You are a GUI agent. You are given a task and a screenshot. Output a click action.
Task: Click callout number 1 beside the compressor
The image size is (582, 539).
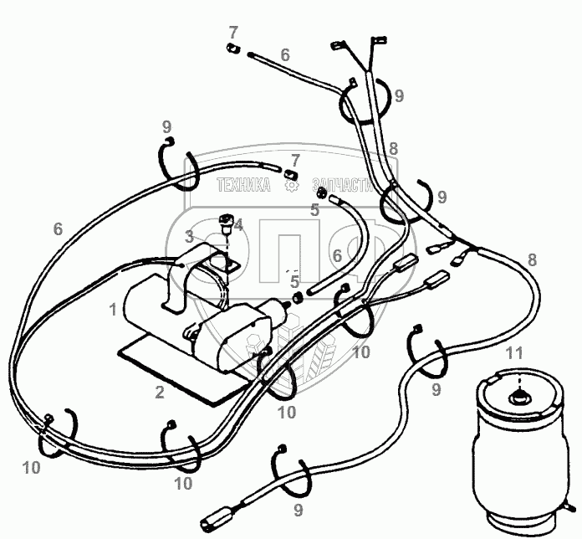pyautogui.click(x=113, y=310)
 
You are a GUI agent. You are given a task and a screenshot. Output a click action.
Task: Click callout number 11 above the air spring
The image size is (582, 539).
pyautogui.click(x=514, y=352)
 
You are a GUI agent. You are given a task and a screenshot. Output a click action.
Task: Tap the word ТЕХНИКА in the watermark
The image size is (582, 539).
pyautogui.click(x=243, y=186)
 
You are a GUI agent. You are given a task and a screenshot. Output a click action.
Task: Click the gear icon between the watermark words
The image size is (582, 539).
pyautogui.click(x=292, y=186)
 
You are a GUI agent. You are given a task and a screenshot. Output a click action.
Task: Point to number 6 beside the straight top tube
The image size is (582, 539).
pyautogui.click(x=285, y=55)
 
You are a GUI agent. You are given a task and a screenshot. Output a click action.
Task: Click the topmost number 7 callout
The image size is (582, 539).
pyautogui.click(x=233, y=33)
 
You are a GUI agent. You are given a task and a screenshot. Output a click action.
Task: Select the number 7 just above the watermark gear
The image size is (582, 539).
pyautogui.click(x=294, y=159)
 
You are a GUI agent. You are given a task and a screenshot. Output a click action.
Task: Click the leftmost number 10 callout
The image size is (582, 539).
pyautogui.click(x=32, y=468)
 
